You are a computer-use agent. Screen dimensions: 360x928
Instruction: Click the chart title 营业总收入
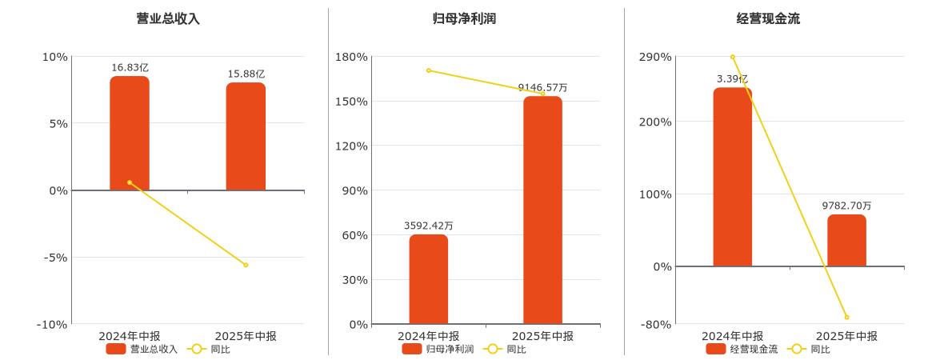pyautogui.click(x=168, y=18)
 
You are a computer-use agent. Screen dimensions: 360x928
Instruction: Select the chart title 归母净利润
pyautogui.click(x=464, y=18)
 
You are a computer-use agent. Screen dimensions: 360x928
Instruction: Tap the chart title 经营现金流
pyautogui.click(x=768, y=18)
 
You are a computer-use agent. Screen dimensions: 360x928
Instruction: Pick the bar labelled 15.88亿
pyautogui.click(x=246, y=137)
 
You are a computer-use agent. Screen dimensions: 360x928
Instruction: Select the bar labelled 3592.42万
pyautogui.click(x=429, y=279)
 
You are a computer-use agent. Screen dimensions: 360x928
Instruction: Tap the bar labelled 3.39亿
pyautogui.click(x=733, y=177)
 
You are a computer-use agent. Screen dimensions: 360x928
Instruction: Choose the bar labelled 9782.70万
pyautogui.click(x=846, y=240)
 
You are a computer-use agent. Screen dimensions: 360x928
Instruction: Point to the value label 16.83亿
pyautogui.click(x=130, y=68)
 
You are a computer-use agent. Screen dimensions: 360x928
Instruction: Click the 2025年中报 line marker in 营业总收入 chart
pyautogui.click(x=246, y=265)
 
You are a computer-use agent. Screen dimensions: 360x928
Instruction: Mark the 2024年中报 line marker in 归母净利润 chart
pyautogui.click(x=429, y=70)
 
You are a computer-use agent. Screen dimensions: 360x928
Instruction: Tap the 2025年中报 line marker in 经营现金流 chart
pyautogui.click(x=846, y=318)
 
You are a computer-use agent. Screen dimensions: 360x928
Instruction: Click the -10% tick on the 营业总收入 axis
pyautogui.click(x=52, y=324)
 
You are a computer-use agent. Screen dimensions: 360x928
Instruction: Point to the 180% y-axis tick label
pyautogui.click(x=352, y=57)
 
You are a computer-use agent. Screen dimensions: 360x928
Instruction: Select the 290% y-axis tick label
pyautogui.click(x=656, y=57)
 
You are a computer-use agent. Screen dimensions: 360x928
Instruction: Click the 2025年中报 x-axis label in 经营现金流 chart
pyautogui.click(x=846, y=336)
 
